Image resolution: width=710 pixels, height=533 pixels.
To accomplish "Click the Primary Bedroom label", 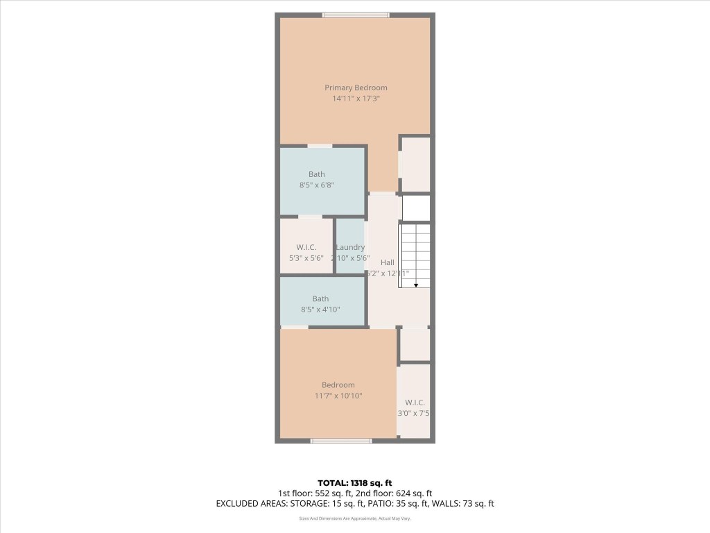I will pyautogui.click(x=356, y=87).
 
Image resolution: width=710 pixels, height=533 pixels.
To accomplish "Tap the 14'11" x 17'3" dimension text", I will pyautogui.click(x=356, y=99).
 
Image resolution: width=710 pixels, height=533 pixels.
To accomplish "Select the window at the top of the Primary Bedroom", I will pyautogui.click(x=356, y=15).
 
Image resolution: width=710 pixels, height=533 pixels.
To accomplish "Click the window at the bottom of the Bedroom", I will pyautogui.click(x=340, y=441).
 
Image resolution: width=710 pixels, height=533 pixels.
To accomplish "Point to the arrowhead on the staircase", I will pyautogui.click(x=416, y=285).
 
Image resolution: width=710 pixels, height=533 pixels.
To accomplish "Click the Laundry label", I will pyautogui.click(x=350, y=247).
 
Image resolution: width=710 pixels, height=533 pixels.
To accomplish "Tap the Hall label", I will pyautogui.click(x=387, y=262).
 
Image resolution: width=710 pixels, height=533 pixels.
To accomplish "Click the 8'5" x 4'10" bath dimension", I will pyautogui.click(x=320, y=310).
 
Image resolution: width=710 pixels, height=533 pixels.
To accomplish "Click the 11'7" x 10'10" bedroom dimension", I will pyautogui.click(x=338, y=396).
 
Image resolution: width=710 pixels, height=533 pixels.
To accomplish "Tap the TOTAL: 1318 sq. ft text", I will pyautogui.click(x=355, y=482).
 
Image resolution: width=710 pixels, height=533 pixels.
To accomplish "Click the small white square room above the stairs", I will pyautogui.click(x=416, y=208).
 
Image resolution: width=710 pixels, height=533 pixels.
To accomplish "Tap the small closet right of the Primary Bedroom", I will pyautogui.click(x=415, y=164).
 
